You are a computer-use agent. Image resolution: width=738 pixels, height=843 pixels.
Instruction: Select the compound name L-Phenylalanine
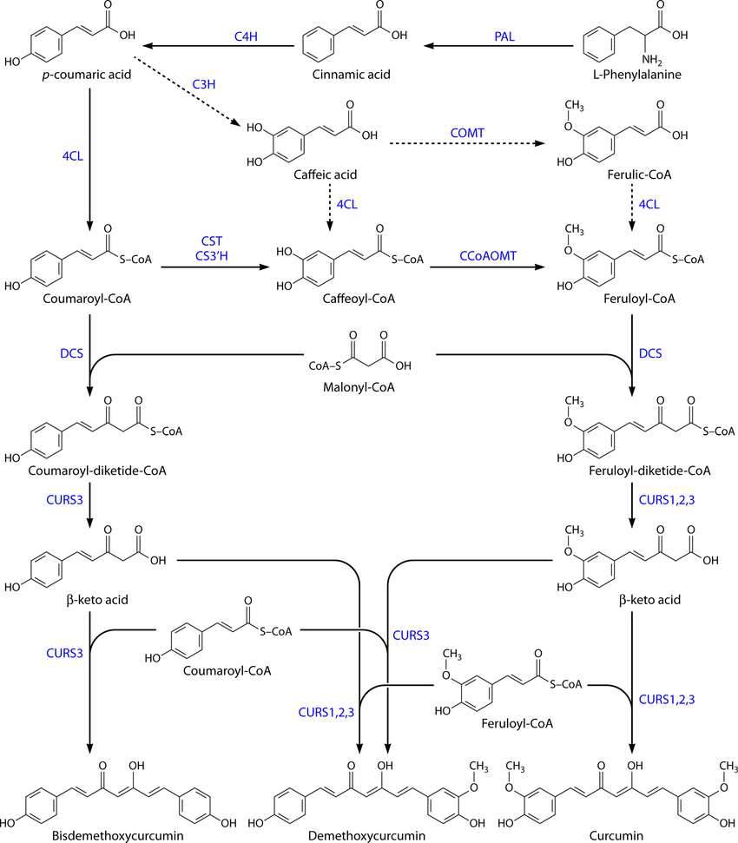(x=632, y=75)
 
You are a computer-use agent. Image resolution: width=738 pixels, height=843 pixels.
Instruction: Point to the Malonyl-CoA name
(x=359, y=386)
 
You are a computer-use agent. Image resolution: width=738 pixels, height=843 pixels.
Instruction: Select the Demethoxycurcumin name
(x=355, y=835)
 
